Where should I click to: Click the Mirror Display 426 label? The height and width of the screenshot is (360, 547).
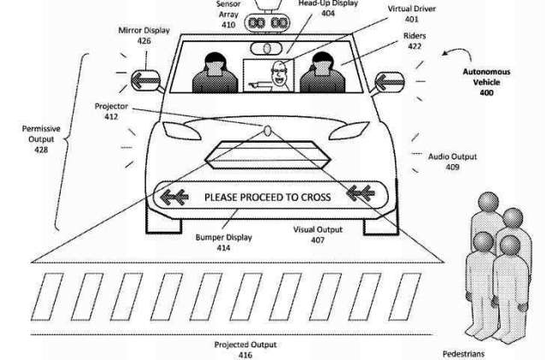144,36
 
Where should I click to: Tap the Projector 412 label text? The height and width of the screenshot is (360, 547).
111,111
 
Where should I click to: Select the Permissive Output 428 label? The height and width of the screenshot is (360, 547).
41,139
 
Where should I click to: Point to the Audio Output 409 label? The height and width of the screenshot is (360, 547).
452,162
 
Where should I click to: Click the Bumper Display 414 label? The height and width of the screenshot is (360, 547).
224,242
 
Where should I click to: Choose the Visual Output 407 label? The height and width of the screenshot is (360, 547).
318,234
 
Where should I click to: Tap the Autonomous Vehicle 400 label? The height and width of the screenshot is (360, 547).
486,82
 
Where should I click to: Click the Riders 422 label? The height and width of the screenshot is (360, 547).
415,41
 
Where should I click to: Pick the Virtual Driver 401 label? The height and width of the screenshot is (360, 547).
412,14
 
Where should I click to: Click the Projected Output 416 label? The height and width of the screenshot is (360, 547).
245,350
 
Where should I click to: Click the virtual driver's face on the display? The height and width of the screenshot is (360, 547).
279,74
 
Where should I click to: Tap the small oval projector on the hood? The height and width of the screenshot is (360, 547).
268,131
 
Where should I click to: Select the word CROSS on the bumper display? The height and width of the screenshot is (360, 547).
315,198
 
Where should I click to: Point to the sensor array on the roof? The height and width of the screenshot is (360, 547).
268,23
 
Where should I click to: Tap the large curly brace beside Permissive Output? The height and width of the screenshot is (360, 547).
73,141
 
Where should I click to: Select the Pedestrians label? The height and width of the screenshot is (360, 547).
463,354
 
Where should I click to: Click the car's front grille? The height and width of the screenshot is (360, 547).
268,155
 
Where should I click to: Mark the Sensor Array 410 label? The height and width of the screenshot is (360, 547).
228,15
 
